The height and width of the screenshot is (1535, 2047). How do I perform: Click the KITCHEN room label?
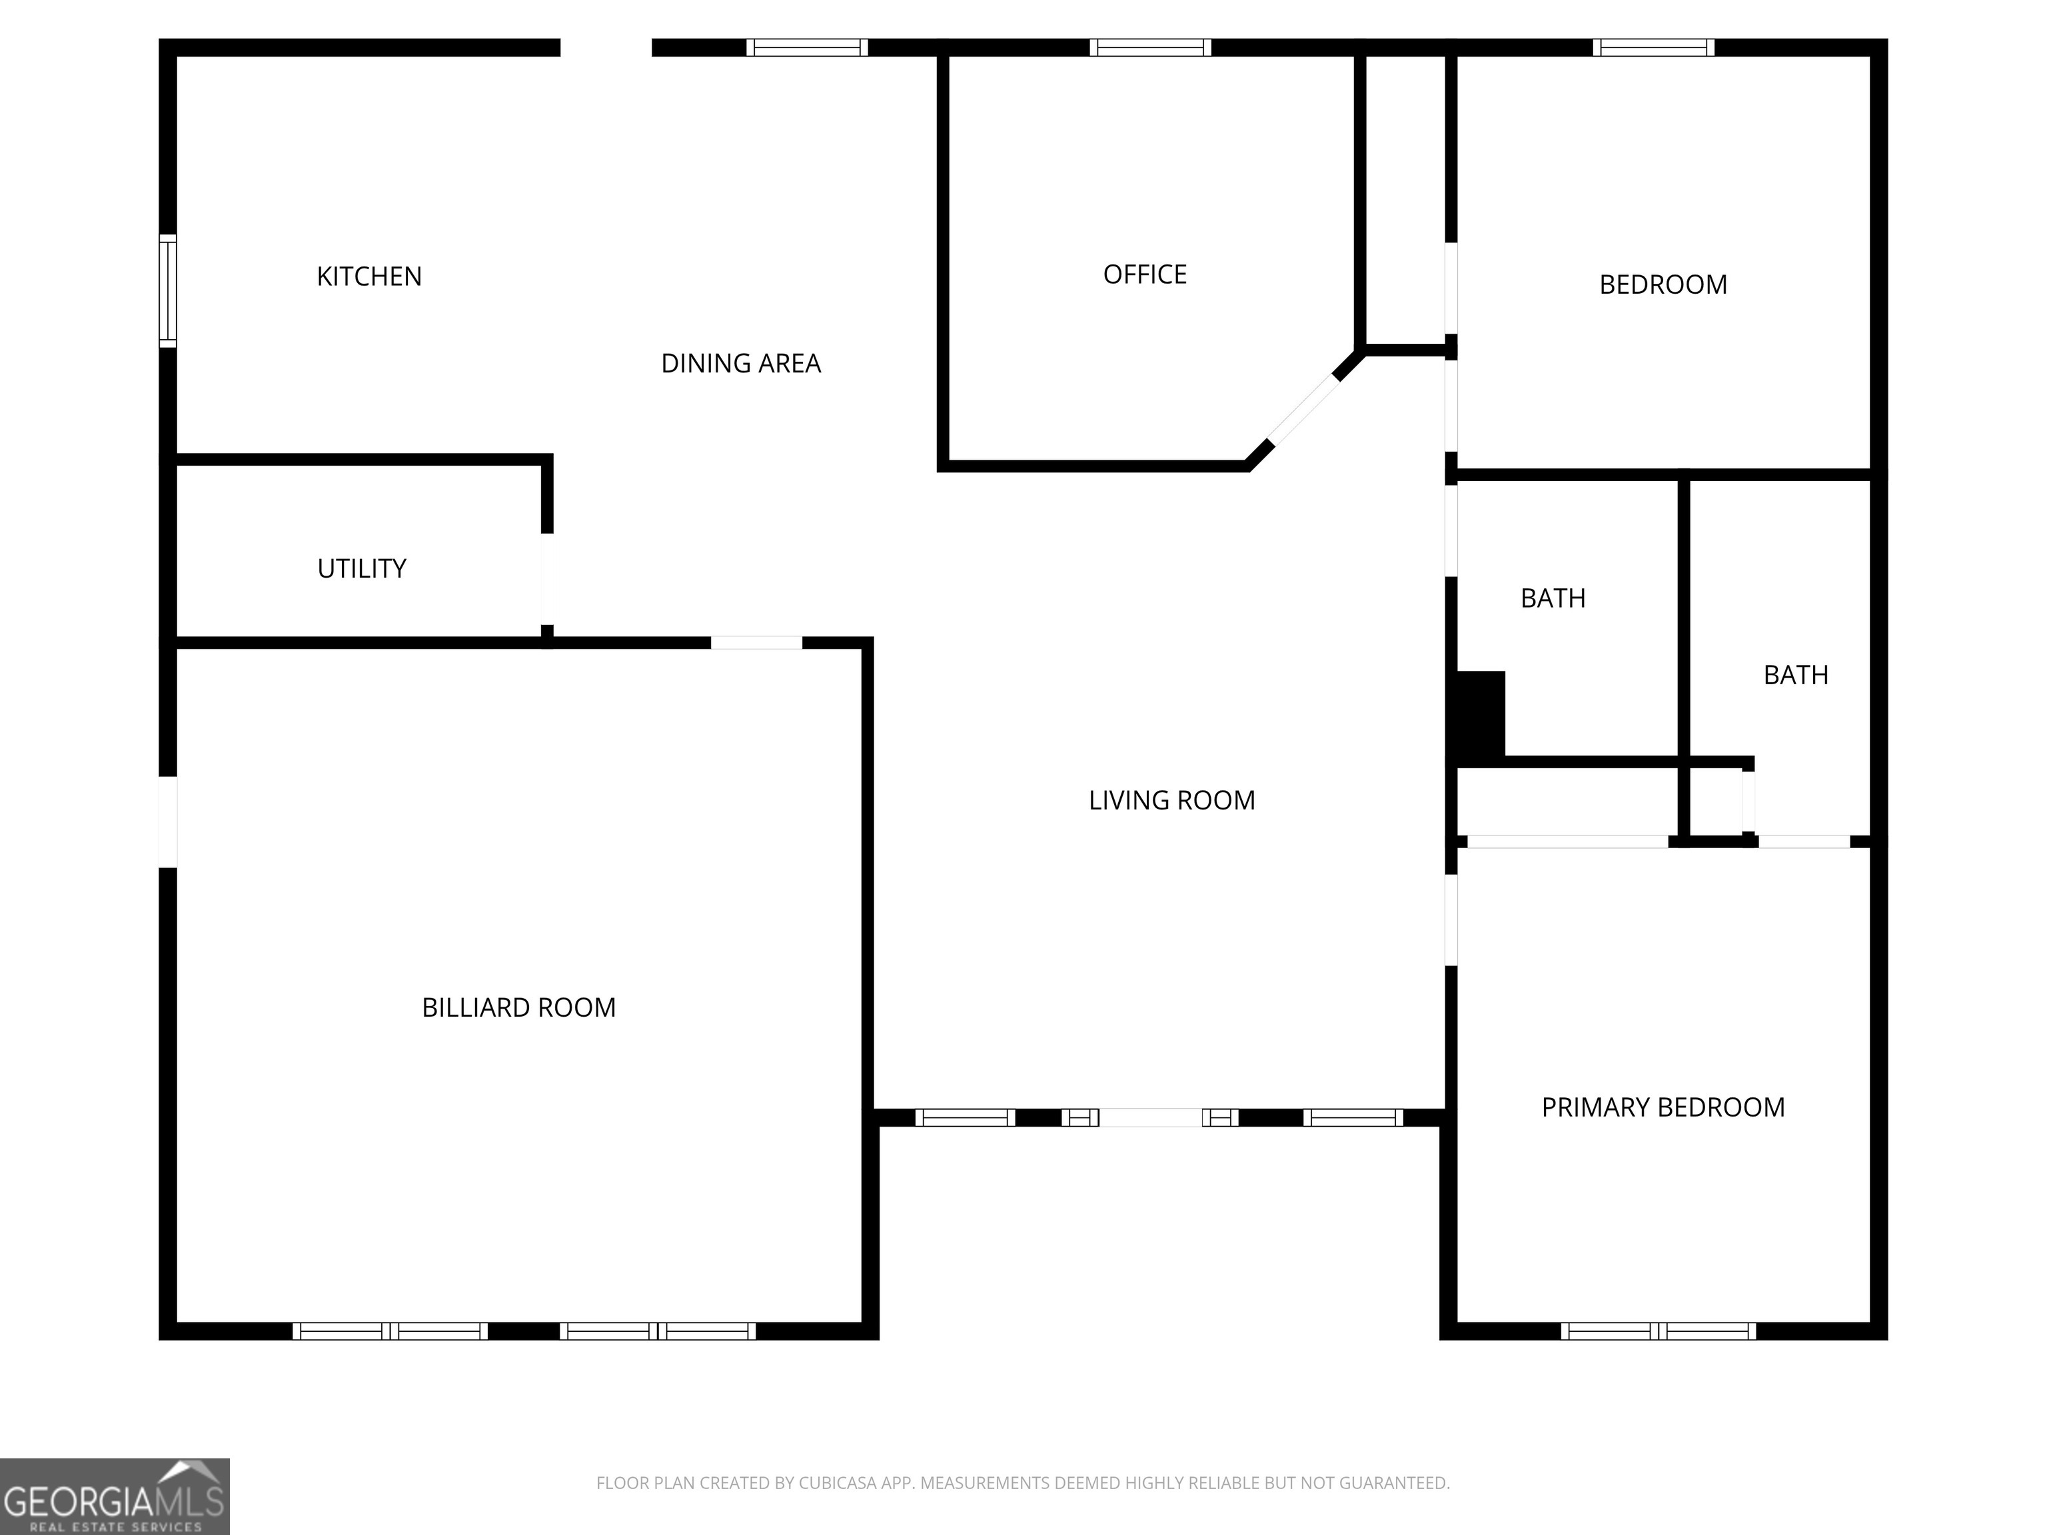(x=369, y=276)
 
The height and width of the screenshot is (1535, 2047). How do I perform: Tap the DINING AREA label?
(x=740, y=364)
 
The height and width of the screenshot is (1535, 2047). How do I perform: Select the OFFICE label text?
(x=1145, y=274)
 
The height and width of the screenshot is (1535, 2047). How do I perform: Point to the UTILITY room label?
(x=362, y=568)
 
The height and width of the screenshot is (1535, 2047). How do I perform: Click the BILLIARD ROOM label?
(x=518, y=1007)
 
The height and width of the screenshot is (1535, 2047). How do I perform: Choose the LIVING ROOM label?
(x=1171, y=800)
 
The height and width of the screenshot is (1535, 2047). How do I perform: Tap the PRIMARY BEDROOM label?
(x=1663, y=1107)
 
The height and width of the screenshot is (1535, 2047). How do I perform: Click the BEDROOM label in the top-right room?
(x=1663, y=285)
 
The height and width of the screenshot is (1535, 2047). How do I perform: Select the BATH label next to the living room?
(x=1553, y=599)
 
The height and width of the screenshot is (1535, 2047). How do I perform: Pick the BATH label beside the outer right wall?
(x=1795, y=676)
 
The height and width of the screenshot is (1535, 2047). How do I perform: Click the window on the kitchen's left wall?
(x=167, y=291)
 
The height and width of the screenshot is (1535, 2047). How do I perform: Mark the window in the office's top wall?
(x=1149, y=47)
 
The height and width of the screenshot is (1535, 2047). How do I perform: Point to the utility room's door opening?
(x=547, y=579)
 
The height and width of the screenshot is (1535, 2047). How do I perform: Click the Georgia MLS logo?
(x=114, y=1496)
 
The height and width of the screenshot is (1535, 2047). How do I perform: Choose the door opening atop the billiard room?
(x=756, y=642)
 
